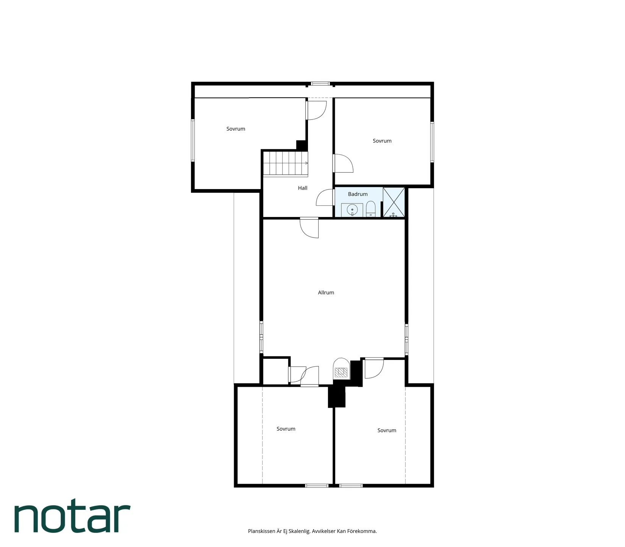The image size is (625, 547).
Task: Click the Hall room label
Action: pos(302,188)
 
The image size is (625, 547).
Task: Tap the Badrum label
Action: pos(358,194)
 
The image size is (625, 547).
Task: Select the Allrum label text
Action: pos(326,292)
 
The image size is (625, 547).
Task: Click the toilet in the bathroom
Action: pos(370,209)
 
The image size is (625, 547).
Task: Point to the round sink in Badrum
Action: pos(352,210)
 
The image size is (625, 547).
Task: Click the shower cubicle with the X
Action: pos(394,202)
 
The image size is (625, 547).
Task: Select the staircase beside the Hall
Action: pos(286,164)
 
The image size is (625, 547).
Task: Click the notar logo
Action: pos(72,518)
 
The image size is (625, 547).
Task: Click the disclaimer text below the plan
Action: pos(312,531)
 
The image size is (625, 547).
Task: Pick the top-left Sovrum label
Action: pos(236,129)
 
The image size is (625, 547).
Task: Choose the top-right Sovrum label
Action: pos(382,141)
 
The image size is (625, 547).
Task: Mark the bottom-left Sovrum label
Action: pos(286,429)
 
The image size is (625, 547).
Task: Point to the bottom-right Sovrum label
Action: pos(387,430)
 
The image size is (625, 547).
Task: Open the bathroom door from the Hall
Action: pos(325,197)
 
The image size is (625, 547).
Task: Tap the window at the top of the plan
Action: pos(320,84)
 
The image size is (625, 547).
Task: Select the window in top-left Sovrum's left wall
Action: pos(193,140)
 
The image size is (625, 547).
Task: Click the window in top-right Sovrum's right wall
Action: pos(432,142)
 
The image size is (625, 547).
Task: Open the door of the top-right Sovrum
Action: pos(343,163)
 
